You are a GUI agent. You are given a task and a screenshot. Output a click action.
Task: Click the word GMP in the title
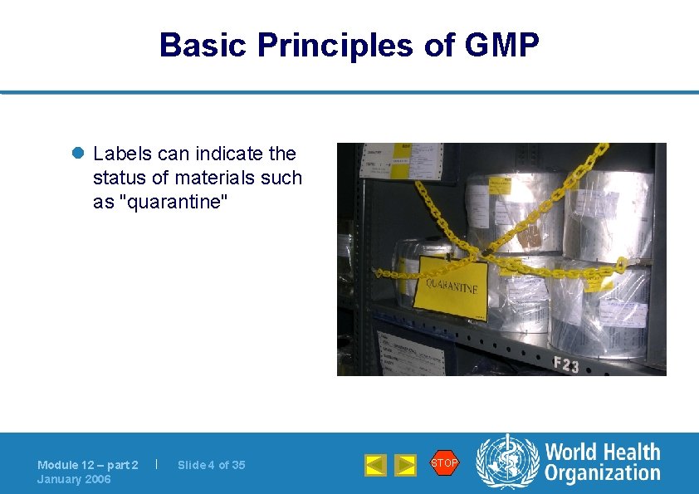[x=502, y=46]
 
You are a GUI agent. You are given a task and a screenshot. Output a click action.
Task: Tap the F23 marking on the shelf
[x=566, y=364]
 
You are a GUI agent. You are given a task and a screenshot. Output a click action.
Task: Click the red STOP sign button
[x=444, y=463]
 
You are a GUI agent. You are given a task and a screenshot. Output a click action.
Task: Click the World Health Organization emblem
[x=506, y=463]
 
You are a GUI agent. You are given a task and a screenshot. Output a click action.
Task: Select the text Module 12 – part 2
[x=88, y=465]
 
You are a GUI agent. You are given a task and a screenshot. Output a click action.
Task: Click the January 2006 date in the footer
[x=74, y=479]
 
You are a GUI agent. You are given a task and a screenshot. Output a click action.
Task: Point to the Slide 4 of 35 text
[x=212, y=465]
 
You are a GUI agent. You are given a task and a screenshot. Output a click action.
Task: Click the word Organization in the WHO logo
[x=602, y=474]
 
